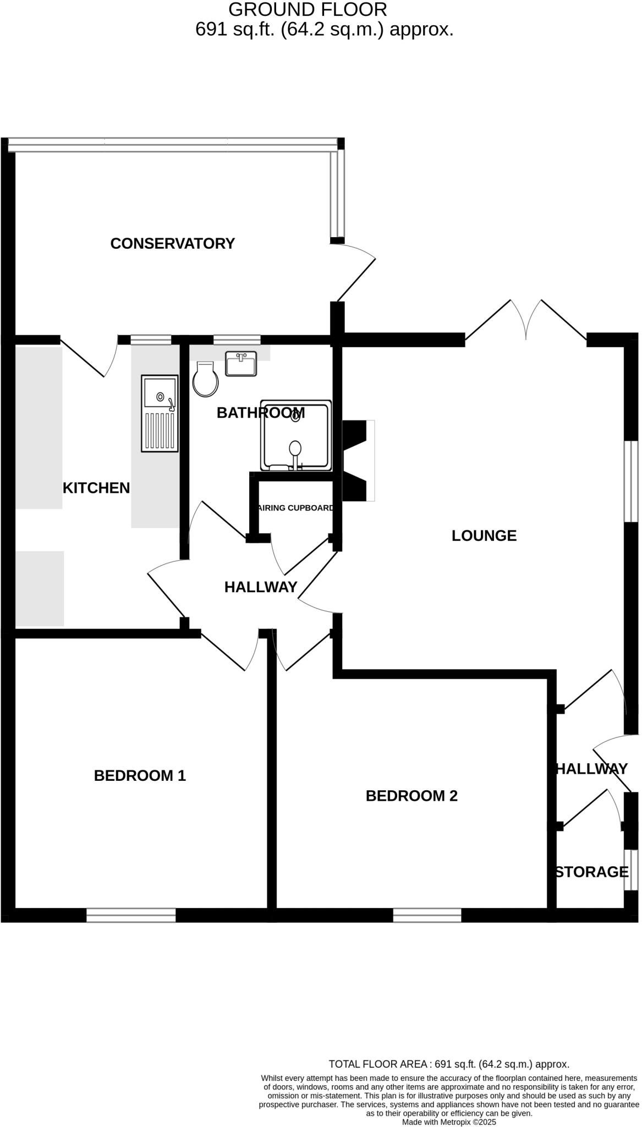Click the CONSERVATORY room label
172,243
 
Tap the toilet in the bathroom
206,380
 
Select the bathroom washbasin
241,364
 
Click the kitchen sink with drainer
160,413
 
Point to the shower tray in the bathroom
296,436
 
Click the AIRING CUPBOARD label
295,508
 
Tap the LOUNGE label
484,535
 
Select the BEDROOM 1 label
140,775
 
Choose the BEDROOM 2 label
411,796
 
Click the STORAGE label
591,872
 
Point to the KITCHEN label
96,488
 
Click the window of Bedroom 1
131,915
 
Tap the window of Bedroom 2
427,915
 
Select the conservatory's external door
355,272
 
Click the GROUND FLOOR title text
307,9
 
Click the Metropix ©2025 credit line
449,1121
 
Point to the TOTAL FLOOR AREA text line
448,1064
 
